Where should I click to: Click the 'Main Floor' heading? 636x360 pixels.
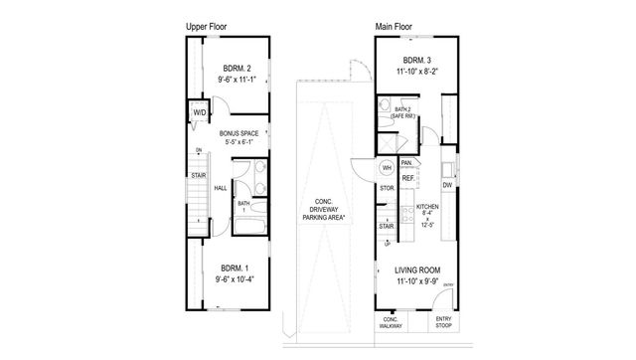(395, 26)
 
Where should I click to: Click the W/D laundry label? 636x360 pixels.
(199, 113)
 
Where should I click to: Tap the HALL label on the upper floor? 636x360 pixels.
(221, 187)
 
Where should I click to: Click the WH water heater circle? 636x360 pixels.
(387, 168)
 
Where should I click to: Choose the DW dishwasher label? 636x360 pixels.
(447, 184)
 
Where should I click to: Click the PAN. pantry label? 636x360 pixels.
(406, 161)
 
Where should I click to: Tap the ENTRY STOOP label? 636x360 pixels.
(443, 324)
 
